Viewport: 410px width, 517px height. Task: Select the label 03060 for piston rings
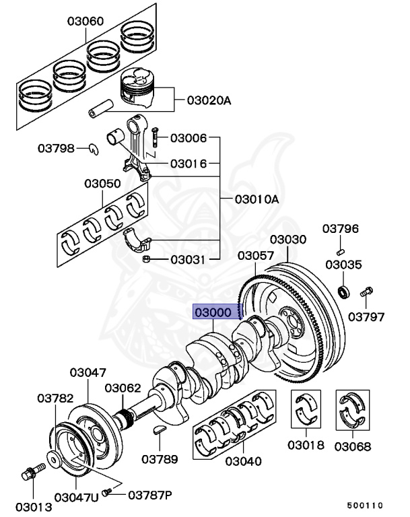pyautogui.click(x=86, y=21)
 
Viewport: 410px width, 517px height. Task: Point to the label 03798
pyautogui.click(x=56, y=148)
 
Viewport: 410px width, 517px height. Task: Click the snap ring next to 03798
pyautogui.click(x=94, y=149)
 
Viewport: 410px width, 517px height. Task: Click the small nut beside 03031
pyautogui.click(x=145, y=259)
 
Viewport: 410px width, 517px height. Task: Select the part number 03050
pyautogui.click(x=102, y=183)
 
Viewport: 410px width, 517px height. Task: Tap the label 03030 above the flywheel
pyautogui.click(x=288, y=240)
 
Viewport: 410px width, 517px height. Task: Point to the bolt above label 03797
pyautogui.click(x=367, y=293)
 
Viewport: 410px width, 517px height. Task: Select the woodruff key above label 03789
pyautogui.click(x=162, y=430)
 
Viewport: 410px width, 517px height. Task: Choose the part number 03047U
pyautogui.click(x=76, y=497)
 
